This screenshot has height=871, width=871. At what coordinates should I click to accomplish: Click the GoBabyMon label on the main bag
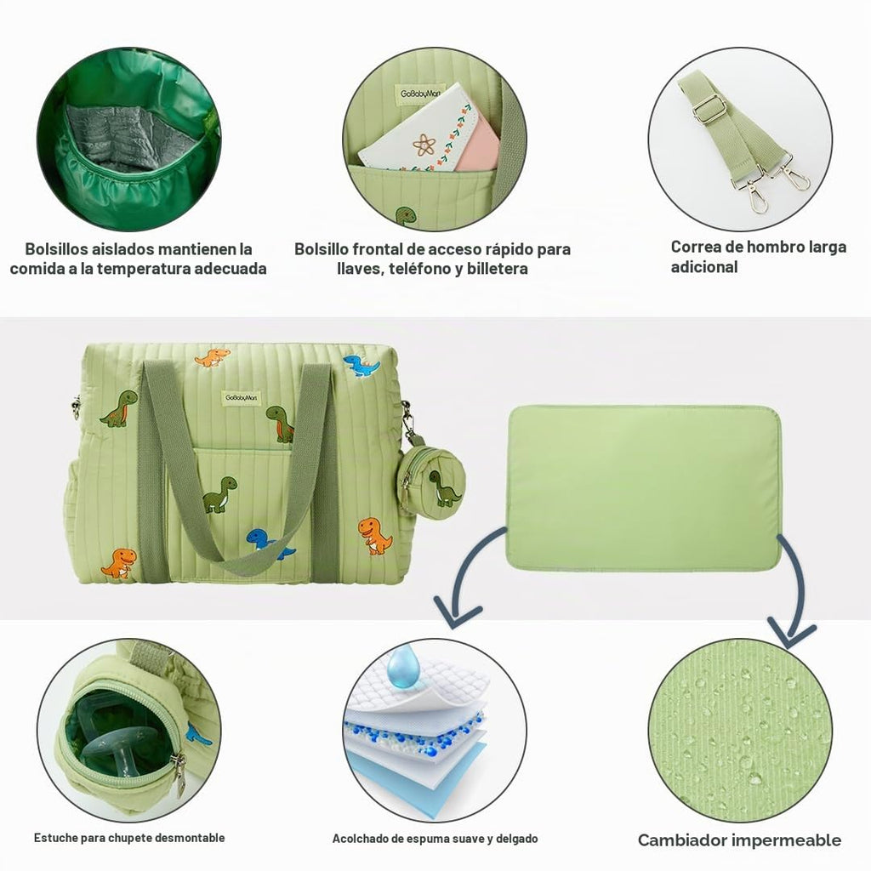241,398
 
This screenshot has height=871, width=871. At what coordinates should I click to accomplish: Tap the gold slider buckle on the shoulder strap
709,110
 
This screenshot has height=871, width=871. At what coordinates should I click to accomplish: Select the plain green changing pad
644,488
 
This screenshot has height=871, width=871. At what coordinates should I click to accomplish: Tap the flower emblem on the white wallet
424,145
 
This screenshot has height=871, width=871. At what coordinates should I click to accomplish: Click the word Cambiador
681,840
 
